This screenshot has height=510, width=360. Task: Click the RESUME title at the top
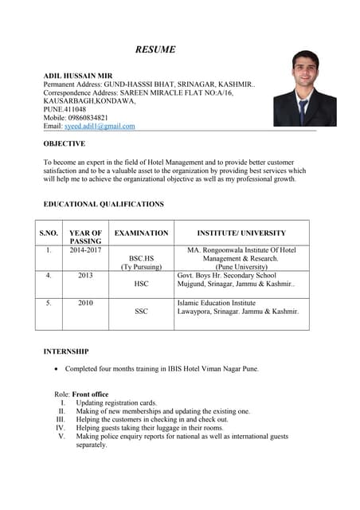coord(155,49)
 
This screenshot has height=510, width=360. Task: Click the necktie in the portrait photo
coord(303,108)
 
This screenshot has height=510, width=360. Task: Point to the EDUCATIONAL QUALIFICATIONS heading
coord(104,204)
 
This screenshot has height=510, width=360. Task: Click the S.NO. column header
coord(49,233)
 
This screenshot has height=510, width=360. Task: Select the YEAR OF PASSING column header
coord(85,237)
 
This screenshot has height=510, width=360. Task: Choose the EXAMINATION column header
coord(142,233)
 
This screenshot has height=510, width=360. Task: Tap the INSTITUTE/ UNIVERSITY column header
coord(241,233)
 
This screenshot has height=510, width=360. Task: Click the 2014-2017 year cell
coord(85,250)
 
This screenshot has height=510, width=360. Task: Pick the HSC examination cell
coord(142,284)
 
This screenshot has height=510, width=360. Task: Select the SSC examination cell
coord(142,312)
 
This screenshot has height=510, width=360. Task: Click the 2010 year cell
coord(85,303)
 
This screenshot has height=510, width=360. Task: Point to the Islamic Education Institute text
coord(217,303)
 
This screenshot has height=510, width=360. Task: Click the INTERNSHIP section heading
coord(66,351)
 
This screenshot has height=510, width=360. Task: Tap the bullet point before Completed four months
coord(54,369)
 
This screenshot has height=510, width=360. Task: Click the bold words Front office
coord(90,394)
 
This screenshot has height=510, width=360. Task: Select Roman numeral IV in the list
coord(61,428)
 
